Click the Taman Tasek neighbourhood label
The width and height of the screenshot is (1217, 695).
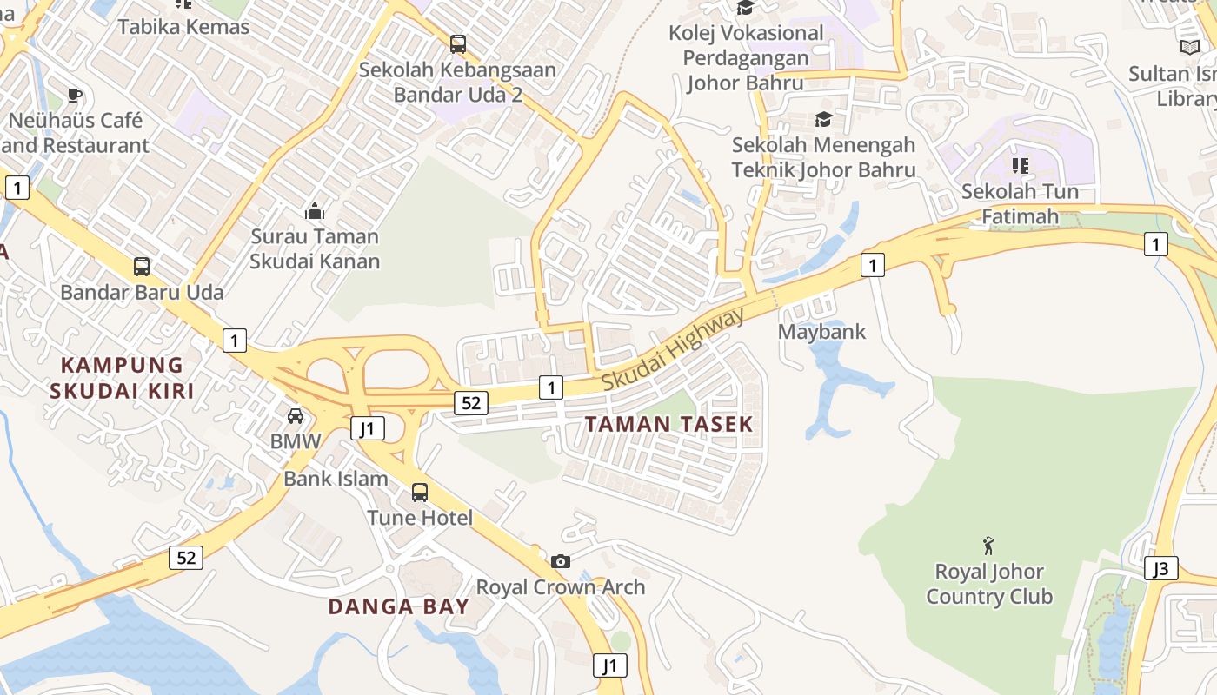(668, 424)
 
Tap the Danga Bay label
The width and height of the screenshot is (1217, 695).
(398, 606)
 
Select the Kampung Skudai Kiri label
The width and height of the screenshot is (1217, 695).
(122, 377)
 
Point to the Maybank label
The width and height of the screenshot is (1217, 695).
(821, 331)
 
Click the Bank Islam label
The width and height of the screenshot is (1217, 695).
(336, 479)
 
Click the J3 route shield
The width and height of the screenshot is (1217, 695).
(1161, 569)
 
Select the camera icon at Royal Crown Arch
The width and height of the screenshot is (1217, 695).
(561, 561)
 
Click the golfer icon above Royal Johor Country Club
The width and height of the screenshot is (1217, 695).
(988, 546)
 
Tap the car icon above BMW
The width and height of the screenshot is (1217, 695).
(296, 415)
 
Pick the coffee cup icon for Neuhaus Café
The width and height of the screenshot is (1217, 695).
(75, 95)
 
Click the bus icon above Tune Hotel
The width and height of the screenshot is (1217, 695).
(420, 493)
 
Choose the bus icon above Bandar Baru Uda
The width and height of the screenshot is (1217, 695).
(142, 267)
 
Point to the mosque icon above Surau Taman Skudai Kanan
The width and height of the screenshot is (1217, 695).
(315, 210)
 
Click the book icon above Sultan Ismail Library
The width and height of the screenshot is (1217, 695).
(1189, 48)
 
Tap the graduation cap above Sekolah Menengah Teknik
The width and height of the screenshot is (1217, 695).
(823, 119)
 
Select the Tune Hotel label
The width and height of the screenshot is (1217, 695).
(420, 519)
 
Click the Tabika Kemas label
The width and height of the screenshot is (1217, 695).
(183, 27)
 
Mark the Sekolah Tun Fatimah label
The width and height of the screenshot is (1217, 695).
(1020, 203)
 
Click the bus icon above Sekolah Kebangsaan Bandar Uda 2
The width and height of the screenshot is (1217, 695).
(458, 43)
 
